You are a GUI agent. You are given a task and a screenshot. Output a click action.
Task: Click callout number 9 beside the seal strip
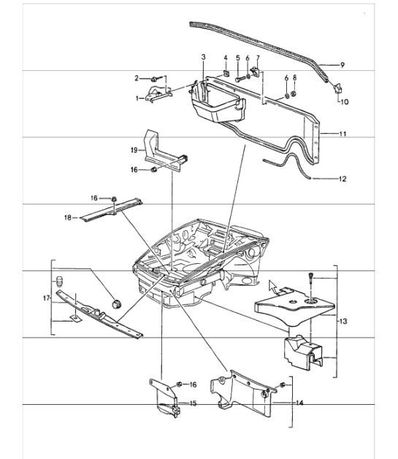[x=342, y=65]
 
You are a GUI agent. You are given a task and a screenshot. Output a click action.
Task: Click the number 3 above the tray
[x=204, y=56]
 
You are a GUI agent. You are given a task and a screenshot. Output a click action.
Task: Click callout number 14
[x=299, y=402]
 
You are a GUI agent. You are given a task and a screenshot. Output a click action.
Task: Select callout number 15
[x=193, y=403]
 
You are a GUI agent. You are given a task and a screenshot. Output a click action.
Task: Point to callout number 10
[x=345, y=102]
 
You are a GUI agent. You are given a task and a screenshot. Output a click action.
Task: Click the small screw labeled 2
[x=156, y=77]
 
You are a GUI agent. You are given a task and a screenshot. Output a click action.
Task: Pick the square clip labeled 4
[x=226, y=73]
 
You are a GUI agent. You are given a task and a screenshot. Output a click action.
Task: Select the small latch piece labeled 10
[x=338, y=88]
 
